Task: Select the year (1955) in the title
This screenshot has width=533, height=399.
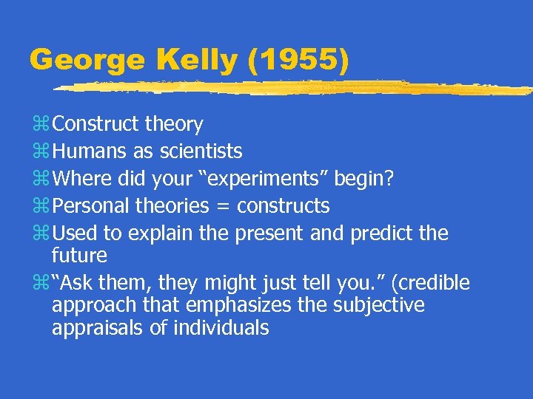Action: coord(298,61)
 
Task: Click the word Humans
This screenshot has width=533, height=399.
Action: coord(90,151)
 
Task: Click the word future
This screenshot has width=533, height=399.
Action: coord(79,256)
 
